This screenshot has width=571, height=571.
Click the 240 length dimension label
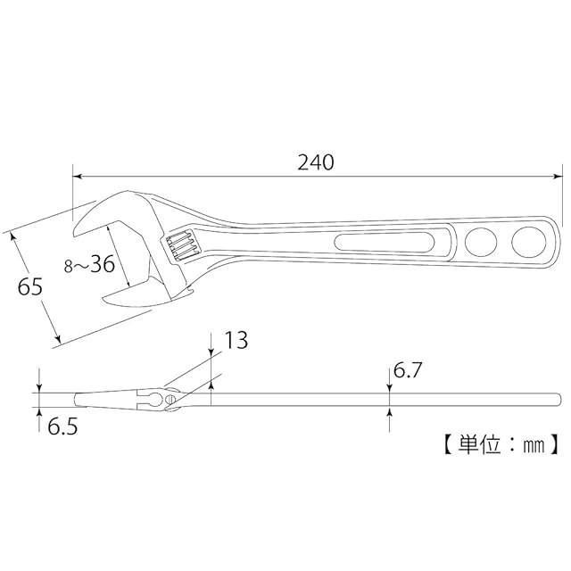316,162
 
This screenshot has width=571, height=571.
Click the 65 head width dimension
30,287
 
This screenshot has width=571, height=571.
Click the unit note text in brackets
499,443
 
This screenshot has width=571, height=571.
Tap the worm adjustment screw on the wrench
178,244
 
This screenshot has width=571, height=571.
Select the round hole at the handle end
529,242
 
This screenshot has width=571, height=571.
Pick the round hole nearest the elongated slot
482,242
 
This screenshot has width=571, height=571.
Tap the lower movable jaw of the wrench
125,298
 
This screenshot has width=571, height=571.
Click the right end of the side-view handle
559,399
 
